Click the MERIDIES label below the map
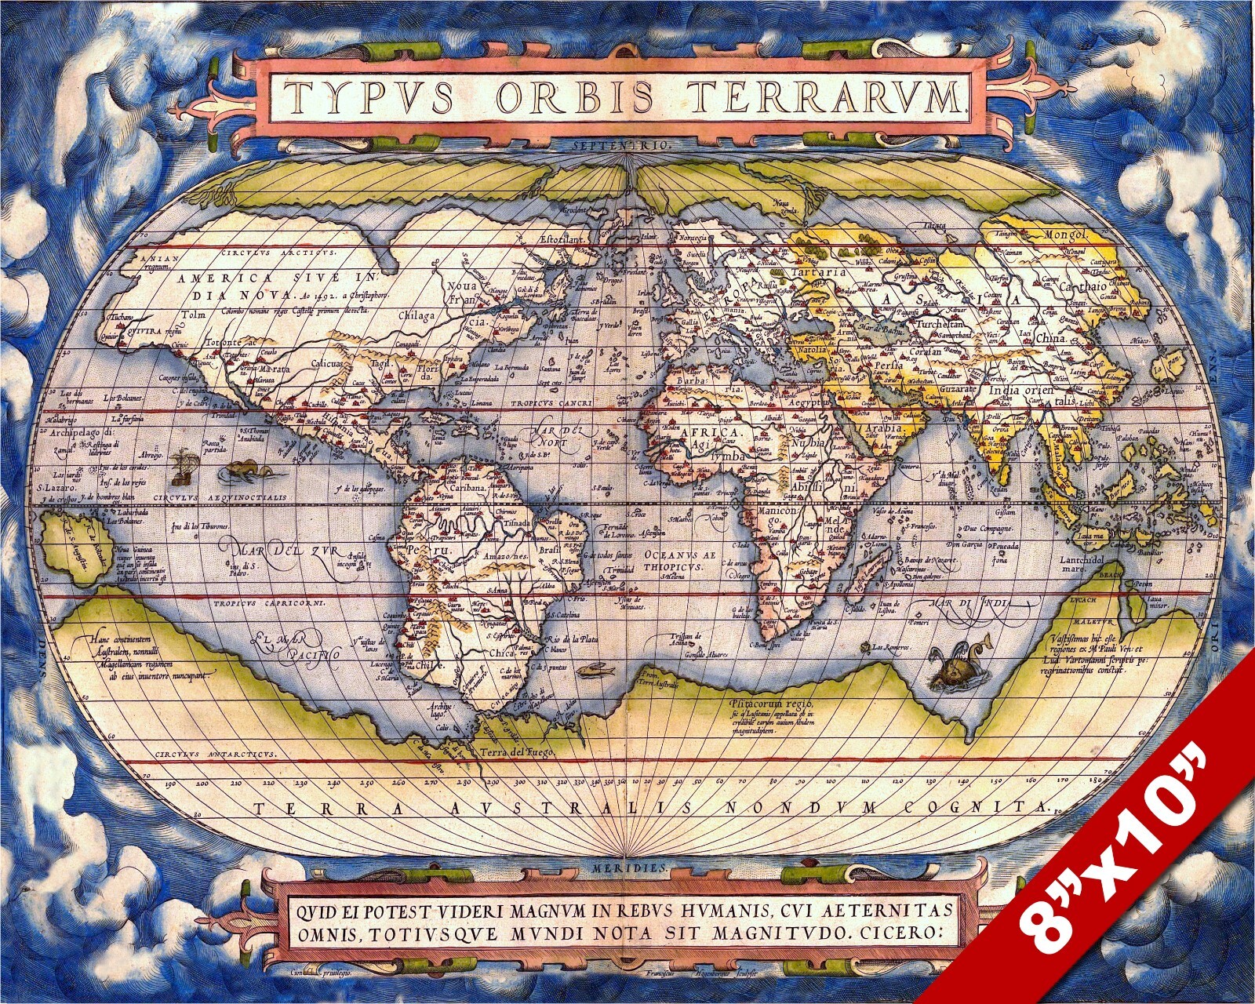627,869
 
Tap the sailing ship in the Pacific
182,465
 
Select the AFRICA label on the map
711,433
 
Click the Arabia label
884,429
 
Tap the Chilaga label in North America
417,315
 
